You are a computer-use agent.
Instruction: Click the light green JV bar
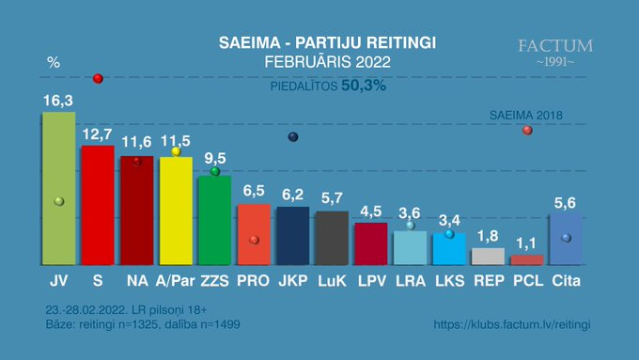pyautogui.click(x=59, y=188)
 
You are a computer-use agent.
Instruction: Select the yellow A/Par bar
pyautogui.click(x=176, y=211)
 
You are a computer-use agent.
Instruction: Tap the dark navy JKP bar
pyautogui.click(x=293, y=236)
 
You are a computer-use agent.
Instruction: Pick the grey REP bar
pyautogui.click(x=488, y=257)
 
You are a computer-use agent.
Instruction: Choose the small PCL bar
pyautogui.click(x=527, y=260)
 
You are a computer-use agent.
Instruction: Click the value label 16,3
pyautogui.click(x=58, y=101)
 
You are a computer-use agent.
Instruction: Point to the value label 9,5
pyautogui.click(x=215, y=158)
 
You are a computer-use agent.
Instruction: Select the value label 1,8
pyautogui.click(x=488, y=236)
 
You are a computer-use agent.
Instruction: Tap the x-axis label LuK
pyautogui.click(x=332, y=281)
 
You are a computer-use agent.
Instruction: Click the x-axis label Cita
pyautogui.click(x=566, y=280)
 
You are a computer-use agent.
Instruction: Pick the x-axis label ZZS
pyautogui.click(x=215, y=281)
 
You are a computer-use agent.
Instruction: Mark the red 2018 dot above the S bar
pyautogui.click(x=98, y=79)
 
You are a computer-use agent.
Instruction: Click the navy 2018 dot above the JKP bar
pyautogui.click(x=293, y=137)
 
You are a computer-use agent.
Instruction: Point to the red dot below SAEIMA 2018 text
pyautogui.click(x=527, y=130)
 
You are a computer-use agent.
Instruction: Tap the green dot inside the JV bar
pyautogui.click(x=59, y=201)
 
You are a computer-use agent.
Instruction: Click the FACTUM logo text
pyautogui.click(x=555, y=46)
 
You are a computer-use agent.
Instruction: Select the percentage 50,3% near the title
pyautogui.click(x=364, y=86)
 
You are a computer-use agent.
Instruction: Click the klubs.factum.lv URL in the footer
pyautogui.click(x=512, y=324)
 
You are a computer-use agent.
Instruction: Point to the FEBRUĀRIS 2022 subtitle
pyautogui.click(x=328, y=62)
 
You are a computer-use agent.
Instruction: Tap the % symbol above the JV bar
pyautogui.click(x=54, y=62)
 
